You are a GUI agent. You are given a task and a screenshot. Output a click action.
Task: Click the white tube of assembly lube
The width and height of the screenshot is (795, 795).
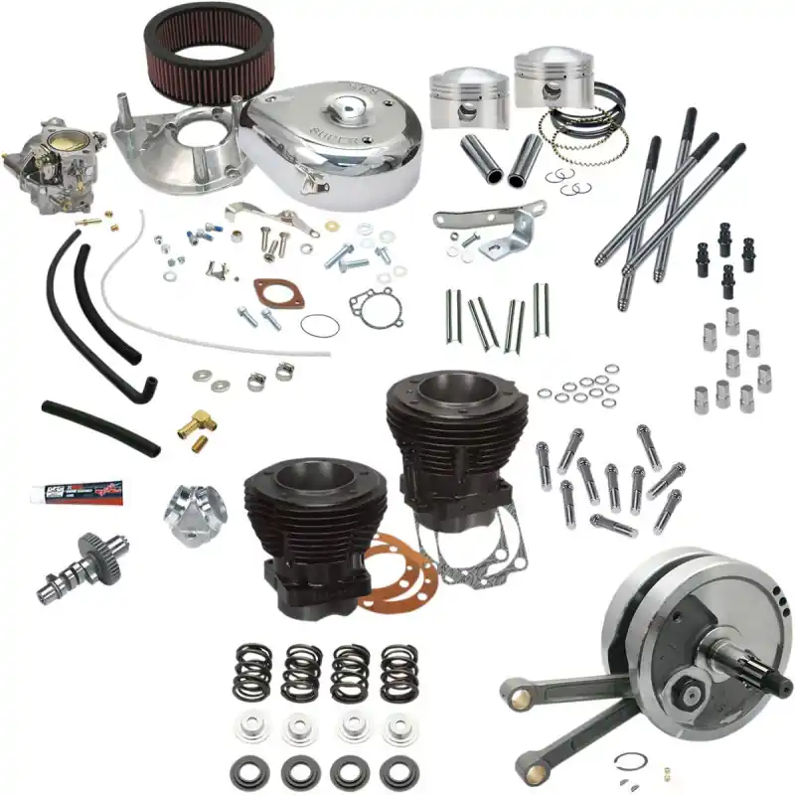tap(76, 491)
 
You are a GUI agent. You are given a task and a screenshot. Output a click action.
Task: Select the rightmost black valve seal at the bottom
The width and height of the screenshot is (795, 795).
tap(399, 771)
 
